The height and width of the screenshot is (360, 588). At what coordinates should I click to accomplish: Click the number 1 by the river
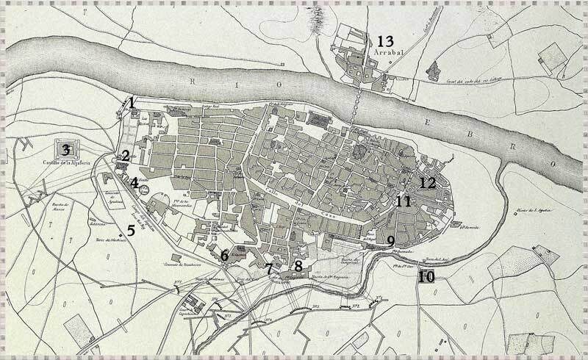[x=131, y=102]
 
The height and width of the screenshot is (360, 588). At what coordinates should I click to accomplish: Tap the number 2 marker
[x=126, y=155]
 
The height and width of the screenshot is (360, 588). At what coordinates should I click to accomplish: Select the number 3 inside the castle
[x=66, y=150]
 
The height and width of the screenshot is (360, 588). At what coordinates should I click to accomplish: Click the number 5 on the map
[x=131, y=230]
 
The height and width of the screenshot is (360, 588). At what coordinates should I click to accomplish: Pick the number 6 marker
[x=224, y=256]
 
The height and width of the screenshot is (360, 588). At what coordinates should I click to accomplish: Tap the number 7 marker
[x=270, y=270]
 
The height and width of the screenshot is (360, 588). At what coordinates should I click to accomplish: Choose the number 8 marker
[x=298, y=265]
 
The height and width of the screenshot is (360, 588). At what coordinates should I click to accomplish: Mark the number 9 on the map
[x=390, y=241]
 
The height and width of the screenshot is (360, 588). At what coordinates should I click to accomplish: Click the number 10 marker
[x=427, y=277]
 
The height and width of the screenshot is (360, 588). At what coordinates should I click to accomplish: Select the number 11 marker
[x=403, y=201]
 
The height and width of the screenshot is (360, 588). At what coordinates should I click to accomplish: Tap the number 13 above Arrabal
[x=386, y=41]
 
